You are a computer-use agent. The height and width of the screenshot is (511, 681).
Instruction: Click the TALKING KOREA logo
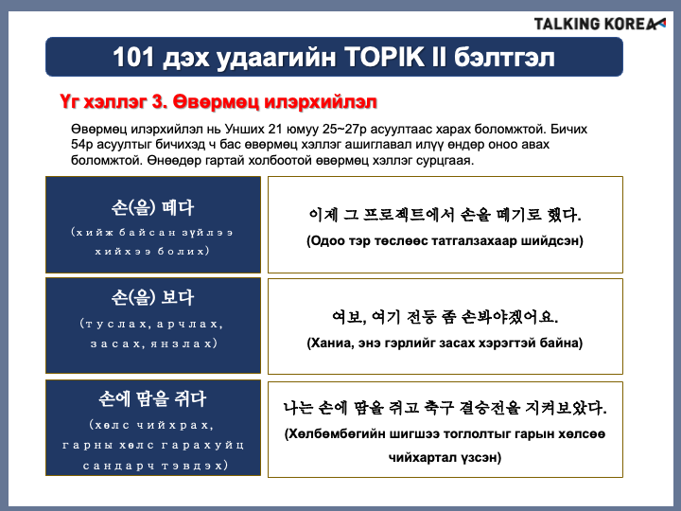pos(600,24)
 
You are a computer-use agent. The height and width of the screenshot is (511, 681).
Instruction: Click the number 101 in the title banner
pos(133,57)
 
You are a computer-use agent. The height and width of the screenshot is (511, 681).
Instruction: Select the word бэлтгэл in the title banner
pos(504,58)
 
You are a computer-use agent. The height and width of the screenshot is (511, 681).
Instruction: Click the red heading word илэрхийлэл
pos(320,102)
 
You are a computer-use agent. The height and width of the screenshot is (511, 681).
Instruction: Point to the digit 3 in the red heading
pos(157,102)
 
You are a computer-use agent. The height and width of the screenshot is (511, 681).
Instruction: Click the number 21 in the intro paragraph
pos(275,129)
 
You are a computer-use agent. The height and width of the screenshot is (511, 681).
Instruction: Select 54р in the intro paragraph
pos(82,145)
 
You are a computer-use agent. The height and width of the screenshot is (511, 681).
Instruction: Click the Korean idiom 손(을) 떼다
pos(152,207)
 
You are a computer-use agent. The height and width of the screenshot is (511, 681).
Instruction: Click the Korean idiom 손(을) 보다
pos(152,298)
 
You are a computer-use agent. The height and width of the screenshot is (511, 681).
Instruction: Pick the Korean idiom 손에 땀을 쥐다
pos(152,398)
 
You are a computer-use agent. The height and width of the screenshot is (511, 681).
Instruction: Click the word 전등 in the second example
pos(421,317)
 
